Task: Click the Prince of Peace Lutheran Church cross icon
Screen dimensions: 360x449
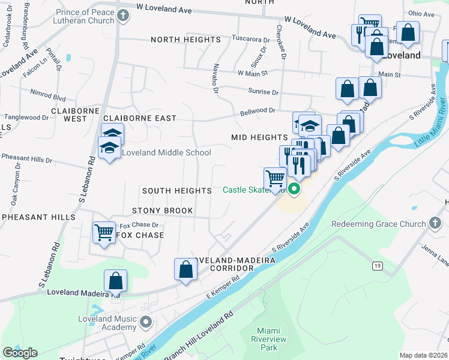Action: (123, 16)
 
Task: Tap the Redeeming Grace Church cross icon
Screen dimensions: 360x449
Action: (436, 224)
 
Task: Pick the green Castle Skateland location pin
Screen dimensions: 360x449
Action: (294, 190)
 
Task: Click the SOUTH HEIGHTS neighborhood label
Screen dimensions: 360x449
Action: (177, 191)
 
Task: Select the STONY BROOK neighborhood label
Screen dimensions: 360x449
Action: (163, 211)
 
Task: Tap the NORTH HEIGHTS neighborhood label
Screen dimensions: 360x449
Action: (186, 40)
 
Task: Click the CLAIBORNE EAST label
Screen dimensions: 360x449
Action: (140, 118)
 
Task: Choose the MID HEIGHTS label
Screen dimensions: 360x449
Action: (260, 137)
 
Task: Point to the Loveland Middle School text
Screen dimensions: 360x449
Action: (166, 152)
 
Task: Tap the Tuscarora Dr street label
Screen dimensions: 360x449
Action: (247, 39)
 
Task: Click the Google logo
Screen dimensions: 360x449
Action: (20, 353)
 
